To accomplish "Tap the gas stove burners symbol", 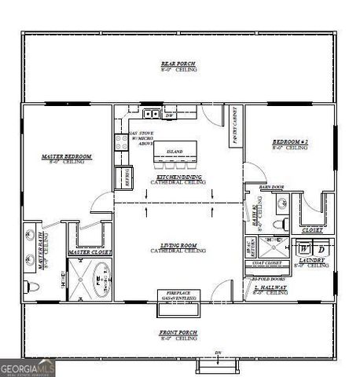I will pos(122,141).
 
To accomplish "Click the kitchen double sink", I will pos(149,114).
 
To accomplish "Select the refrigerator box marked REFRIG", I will pos(123,177).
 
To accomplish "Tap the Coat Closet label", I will pos(271,262).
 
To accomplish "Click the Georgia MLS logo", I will pos(28,367).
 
